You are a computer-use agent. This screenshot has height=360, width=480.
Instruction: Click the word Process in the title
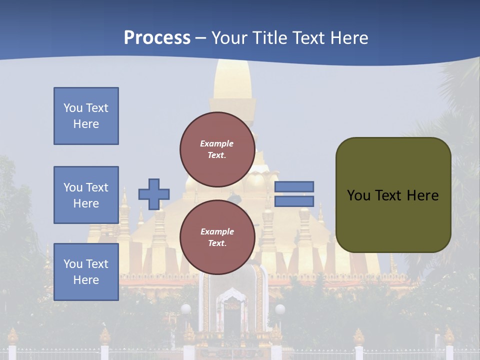(157, 38)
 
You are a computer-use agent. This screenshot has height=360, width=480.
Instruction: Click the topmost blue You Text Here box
(86, 116)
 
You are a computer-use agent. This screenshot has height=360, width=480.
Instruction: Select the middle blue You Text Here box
(86, 195)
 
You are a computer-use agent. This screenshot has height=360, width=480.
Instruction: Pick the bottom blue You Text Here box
(86, 272)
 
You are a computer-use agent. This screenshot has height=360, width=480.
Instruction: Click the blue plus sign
(154, 194)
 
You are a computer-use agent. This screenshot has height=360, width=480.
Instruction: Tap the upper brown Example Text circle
(217, 149)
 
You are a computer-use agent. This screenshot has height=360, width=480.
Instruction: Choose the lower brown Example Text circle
(217, 237)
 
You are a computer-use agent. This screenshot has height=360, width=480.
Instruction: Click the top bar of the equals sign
(294, 186)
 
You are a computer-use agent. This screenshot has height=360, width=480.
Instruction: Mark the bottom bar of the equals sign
(294, 201)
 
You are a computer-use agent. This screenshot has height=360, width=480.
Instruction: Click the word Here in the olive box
(422, 195)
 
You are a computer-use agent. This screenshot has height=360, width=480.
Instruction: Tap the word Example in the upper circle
(217, 143)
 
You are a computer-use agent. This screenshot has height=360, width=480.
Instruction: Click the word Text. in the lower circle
(217, 243)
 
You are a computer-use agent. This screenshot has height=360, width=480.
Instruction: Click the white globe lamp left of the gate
(185, 309)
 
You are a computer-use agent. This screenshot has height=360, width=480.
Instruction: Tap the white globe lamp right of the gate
(280, 309)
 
